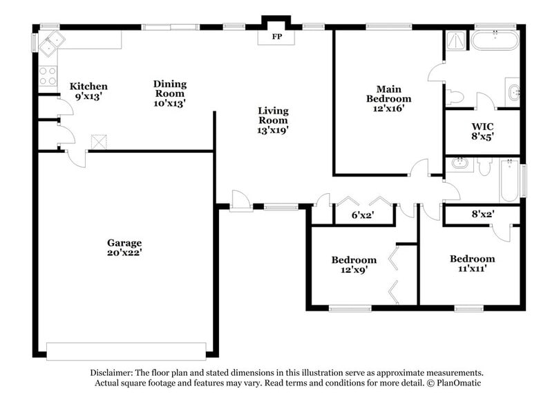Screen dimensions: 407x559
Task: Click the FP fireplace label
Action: pos(276,36)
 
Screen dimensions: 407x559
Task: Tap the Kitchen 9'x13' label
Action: pos(88,91)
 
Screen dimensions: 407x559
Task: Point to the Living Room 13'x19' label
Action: pos(274,120)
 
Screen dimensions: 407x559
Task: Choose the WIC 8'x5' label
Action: pos(482,132)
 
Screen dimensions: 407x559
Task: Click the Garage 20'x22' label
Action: pos(124,248)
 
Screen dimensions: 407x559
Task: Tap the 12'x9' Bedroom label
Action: pos(354,265)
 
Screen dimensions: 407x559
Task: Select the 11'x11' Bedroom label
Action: pos(473,264)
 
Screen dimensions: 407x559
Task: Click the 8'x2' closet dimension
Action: pos(482,215)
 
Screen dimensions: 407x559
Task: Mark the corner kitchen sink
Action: pos(50,45)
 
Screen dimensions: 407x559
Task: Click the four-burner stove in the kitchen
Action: pos(48,76)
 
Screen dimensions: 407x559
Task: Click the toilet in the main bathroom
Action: pos(455,97)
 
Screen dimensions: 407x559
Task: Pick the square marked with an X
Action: pos(100,142)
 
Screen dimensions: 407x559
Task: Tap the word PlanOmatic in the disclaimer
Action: pos(457,383)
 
